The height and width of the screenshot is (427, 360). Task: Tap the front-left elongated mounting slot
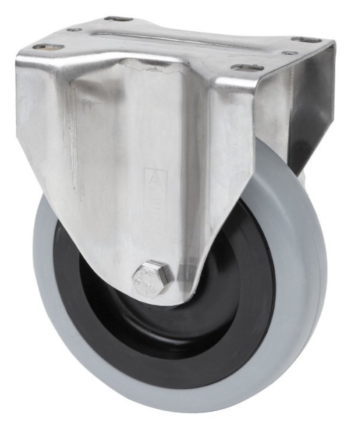[x=48, y=47]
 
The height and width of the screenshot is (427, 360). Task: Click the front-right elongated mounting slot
[x=247, y=67]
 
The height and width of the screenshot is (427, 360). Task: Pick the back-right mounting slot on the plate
[x=306, y=39]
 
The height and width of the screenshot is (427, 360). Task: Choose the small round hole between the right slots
[x=290, y=53]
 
